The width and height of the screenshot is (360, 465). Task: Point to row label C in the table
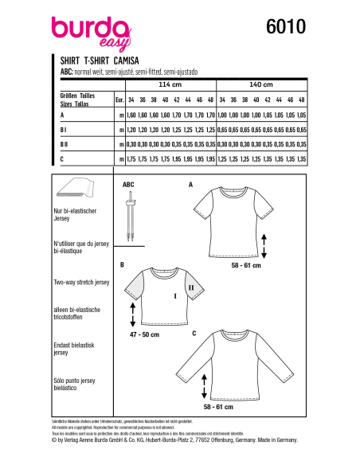coord(63,159)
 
